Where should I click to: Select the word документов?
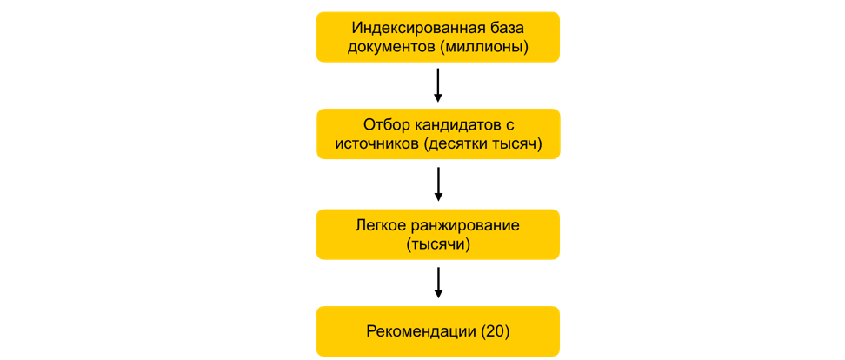coord(391,47)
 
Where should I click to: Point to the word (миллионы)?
coord(484,47)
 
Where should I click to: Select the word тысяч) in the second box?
coord(516,144)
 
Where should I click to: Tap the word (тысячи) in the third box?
coord(438,244)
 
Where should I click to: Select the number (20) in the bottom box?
coord(495,331)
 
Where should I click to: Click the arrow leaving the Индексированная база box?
coord(437,85)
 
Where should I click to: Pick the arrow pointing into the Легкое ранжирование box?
coord(438,184)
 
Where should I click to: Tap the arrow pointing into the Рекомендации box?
coord(438,282)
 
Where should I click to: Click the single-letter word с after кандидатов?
coord(509,127)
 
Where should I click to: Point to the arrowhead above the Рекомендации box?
coord(438,293)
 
